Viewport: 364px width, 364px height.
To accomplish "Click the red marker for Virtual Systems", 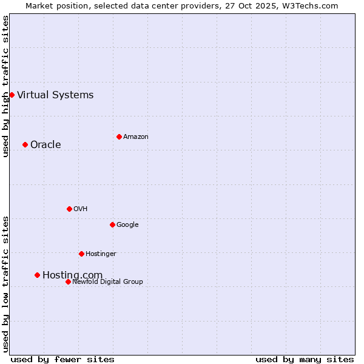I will point(12,95).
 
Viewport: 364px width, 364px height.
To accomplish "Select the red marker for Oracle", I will point(25,144).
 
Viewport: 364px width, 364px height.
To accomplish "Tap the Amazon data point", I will point(119,136).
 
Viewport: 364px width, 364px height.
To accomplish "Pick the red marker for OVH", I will point(69,209).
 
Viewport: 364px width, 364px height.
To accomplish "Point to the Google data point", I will point(112,224).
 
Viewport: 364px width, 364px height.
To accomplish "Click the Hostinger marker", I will point(81,254).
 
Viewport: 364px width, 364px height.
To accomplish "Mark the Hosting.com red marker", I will point(37,275).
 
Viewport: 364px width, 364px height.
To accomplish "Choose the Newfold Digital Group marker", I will point(68,281).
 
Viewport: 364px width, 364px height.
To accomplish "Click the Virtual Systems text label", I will point(55,95).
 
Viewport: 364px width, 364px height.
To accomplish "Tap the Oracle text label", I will point(45,144).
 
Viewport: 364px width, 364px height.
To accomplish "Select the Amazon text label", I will point(136,136).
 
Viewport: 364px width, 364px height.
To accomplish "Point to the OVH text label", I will point(81,209).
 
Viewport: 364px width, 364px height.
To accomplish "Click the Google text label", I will point(127,224).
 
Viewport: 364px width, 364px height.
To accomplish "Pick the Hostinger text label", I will point(101,254).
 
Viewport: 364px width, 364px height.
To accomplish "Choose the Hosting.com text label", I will point(72,275).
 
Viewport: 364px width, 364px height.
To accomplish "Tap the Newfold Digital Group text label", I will point(107,281).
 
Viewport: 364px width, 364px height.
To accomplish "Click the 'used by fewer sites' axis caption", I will point(62,359).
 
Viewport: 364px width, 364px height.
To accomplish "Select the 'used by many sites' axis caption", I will point(305,359).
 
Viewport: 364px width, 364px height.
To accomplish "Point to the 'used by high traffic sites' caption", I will point(5,86).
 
